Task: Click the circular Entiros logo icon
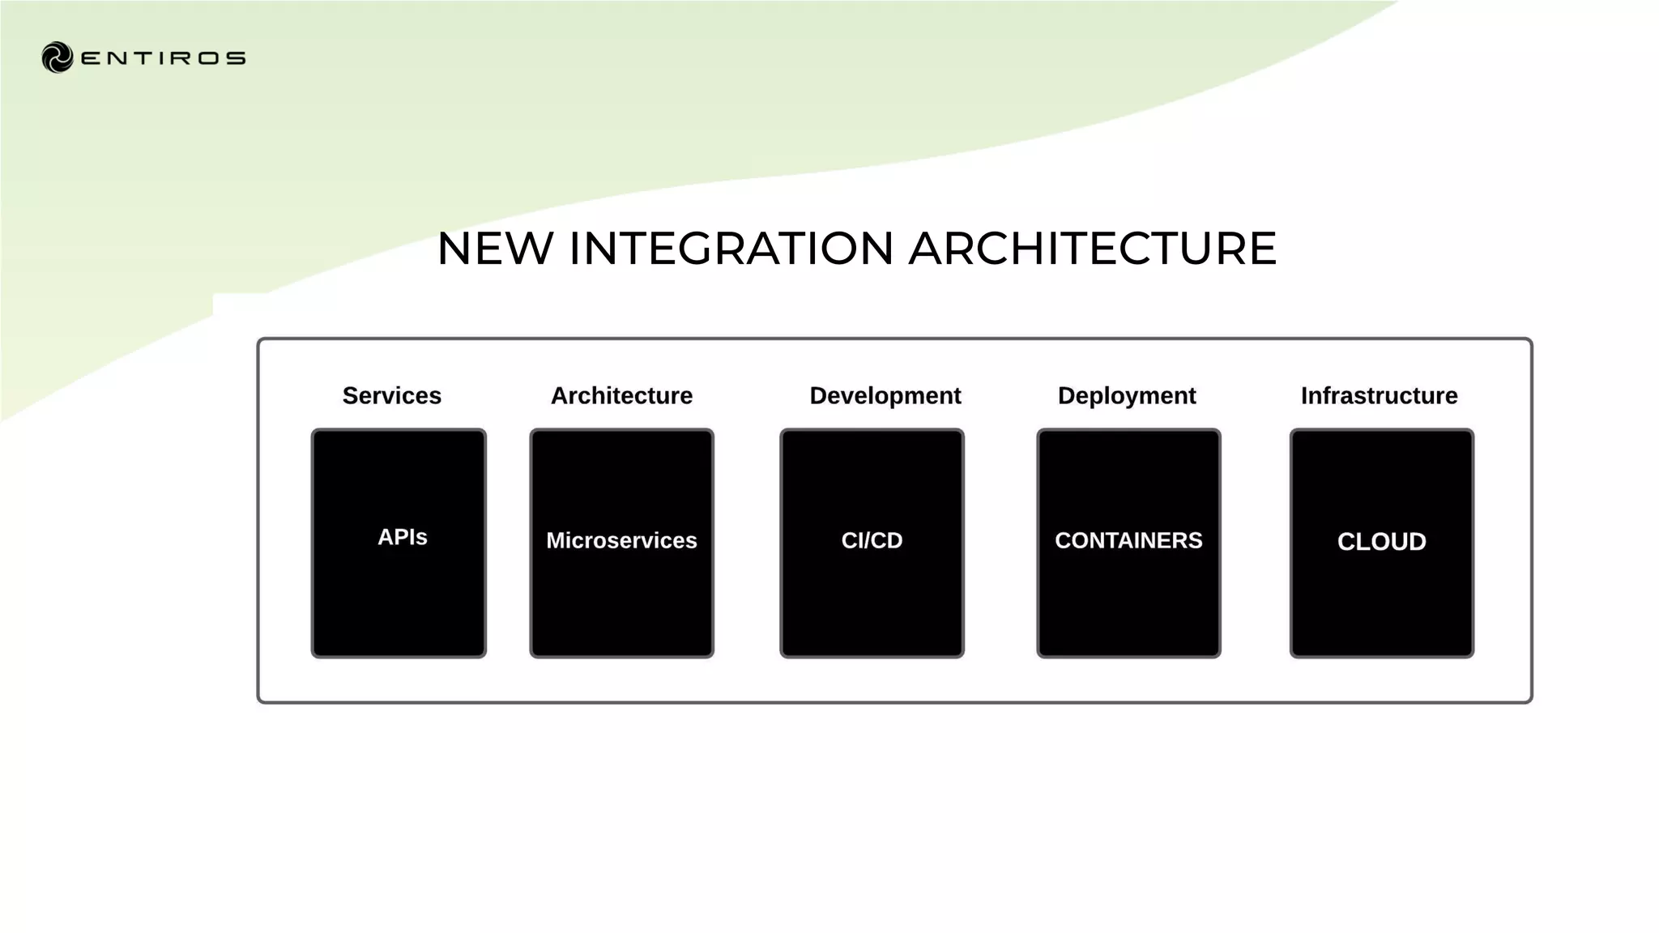[58, 58]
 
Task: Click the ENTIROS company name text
[163, 58]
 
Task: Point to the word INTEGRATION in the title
[731, 248]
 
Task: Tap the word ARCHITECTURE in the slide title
[1092, 248]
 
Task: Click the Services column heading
[391, 396]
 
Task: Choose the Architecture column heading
[621, 396]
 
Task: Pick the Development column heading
[885, 396]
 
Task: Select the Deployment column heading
[1126, 396]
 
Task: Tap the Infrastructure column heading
[1379, 396]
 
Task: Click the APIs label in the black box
[402, 537]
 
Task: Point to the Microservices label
[621, 540]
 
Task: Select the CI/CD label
[872, 540]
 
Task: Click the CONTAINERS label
[1128, 540]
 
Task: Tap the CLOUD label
[1381, 542]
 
